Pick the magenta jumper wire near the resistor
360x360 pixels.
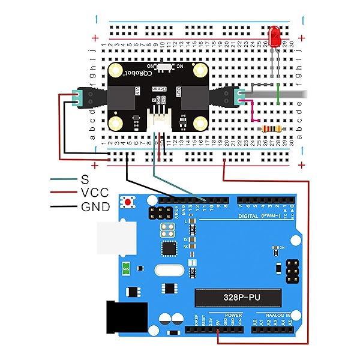coord(250,114)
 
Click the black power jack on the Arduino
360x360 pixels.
coord(126,316)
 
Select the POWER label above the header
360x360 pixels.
coord(233,315)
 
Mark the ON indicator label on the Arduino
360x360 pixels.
coord(282,247)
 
